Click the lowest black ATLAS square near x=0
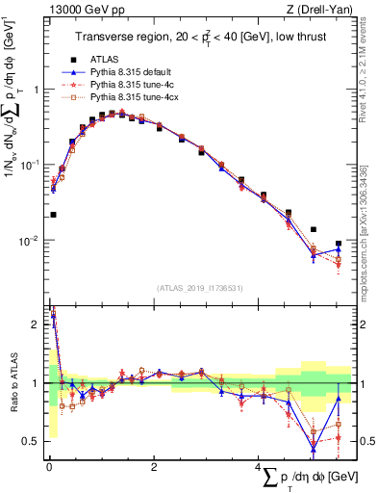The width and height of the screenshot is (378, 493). (x=53, y=215)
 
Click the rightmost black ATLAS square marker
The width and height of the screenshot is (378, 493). (x=338, y=244)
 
